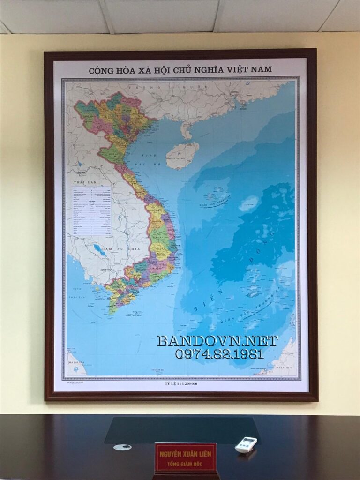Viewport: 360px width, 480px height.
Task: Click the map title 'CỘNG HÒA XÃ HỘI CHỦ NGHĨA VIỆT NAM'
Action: (180, 70)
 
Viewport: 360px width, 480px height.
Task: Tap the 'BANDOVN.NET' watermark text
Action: (217, 341)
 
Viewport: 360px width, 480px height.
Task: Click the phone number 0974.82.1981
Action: (219, 354)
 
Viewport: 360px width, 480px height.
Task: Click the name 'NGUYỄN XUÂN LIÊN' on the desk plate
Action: (186, 453)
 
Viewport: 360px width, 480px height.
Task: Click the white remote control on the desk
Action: (246, 444)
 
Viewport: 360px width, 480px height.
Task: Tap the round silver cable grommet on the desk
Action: (122, 447)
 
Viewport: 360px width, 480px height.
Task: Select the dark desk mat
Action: (181, 429)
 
